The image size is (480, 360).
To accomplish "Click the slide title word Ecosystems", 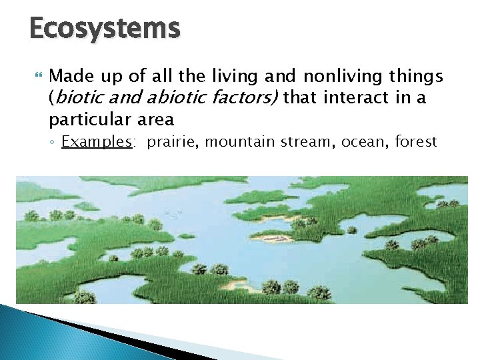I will click(105, 29).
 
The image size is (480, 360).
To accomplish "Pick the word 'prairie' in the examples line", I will click(168, 142).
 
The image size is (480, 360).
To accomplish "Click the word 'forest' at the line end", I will click(415, 142).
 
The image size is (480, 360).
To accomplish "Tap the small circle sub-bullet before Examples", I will click(53, 143).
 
